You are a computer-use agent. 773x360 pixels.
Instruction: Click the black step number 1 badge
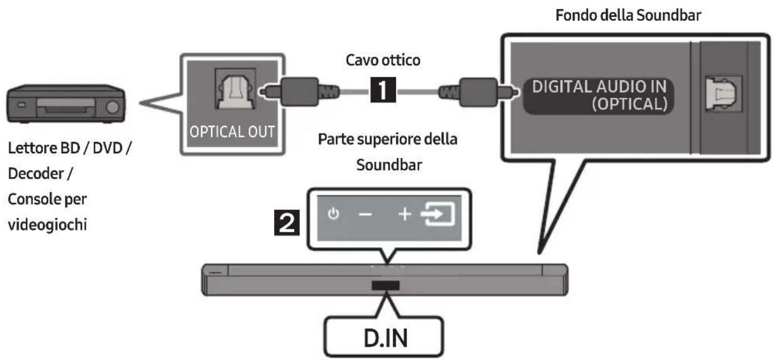383,90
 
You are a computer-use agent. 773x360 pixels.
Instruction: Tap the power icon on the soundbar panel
334,214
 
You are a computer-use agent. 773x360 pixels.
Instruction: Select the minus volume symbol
365,215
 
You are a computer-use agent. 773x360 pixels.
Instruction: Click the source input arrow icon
438,214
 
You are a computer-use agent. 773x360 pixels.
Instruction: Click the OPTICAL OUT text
232,132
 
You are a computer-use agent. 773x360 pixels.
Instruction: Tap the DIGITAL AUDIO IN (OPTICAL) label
599,95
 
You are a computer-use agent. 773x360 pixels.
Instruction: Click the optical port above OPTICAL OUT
235,89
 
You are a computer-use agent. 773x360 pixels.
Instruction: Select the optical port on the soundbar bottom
723,94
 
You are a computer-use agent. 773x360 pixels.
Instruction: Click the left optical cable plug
299,91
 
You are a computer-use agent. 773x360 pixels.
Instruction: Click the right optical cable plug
479,92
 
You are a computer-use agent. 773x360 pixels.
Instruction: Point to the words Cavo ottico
383,60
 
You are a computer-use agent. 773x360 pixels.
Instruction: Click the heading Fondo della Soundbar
628,15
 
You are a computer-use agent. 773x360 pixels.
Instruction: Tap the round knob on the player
112,107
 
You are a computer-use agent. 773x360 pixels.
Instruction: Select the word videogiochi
47,225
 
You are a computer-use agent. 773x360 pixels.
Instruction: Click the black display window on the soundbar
386,285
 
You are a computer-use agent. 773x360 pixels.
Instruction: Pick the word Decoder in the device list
36,173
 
